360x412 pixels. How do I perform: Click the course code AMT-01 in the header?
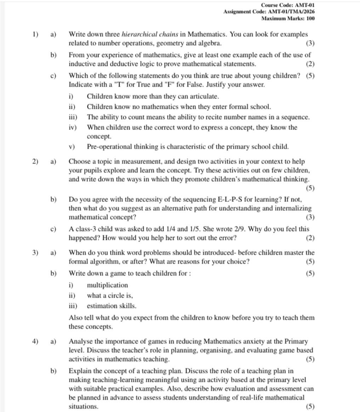tap(304, 5)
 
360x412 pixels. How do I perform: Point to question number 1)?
tap(35, 34)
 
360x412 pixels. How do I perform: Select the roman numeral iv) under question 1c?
tap(73, 127)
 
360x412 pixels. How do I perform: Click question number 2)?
tap(35, 162)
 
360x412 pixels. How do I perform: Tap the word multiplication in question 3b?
tap(107, 285)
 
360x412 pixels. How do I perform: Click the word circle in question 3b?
tap(115, 295)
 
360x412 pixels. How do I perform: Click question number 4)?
tap(35, 342)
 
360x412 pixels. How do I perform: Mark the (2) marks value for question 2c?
tap(310, 238)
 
